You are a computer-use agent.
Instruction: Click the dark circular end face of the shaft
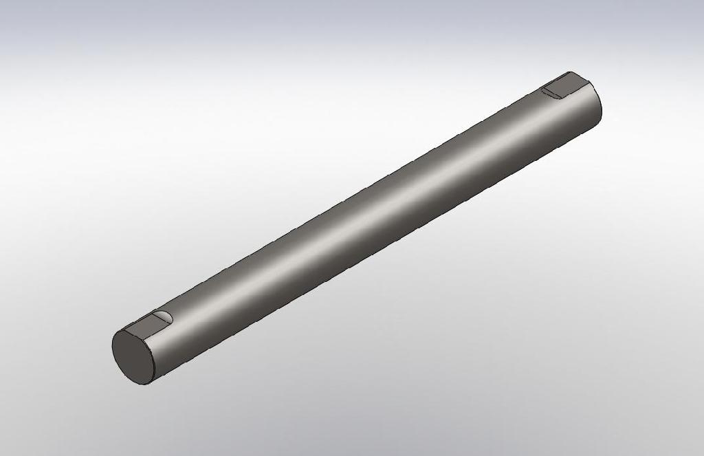tap(134, 355)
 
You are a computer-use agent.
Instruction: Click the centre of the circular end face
tap(134, 356)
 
